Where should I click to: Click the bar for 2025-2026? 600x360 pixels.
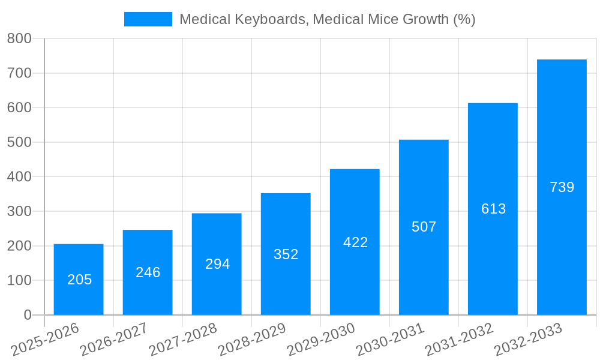point(79,279)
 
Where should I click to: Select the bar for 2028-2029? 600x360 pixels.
point(286,254)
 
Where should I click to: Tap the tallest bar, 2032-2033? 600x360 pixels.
point(562,187)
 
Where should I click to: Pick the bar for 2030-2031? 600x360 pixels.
point(424,227)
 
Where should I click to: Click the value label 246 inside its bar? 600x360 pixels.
point(148,272)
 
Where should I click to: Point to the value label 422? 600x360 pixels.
point(355,242)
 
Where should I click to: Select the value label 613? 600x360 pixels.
point(493,209)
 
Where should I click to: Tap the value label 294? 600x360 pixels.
point(217,264)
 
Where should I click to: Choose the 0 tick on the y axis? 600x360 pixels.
point(27,315)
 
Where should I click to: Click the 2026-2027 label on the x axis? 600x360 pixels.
point(113,339)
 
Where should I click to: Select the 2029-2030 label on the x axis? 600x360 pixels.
point(320,339)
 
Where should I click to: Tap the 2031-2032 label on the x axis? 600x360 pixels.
point(458,339)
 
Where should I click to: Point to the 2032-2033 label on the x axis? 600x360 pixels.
point(527,339)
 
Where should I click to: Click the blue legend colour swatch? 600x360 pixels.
point(148,19)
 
